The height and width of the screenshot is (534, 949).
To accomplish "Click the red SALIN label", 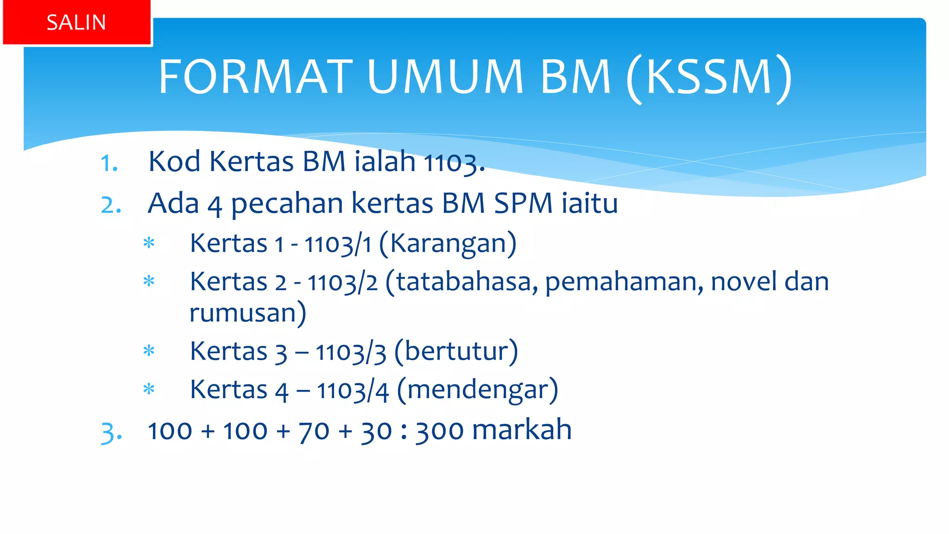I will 76,22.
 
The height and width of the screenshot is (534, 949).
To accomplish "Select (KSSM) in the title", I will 709,78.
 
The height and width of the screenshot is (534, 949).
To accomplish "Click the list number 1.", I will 109,163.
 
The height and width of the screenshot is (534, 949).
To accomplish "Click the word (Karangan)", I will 448,243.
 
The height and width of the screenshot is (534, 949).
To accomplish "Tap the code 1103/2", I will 342,282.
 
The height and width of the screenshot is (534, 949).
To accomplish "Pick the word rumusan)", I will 248,313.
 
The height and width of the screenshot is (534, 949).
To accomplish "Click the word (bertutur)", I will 456,351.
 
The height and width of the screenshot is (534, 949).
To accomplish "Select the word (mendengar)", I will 478,390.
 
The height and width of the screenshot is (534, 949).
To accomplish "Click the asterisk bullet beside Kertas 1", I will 149,243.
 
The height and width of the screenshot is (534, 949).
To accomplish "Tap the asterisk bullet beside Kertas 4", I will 149,389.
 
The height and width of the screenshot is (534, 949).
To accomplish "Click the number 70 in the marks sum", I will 314,431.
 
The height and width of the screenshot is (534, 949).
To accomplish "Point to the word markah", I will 522,430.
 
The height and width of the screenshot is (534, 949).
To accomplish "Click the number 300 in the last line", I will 439,431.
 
